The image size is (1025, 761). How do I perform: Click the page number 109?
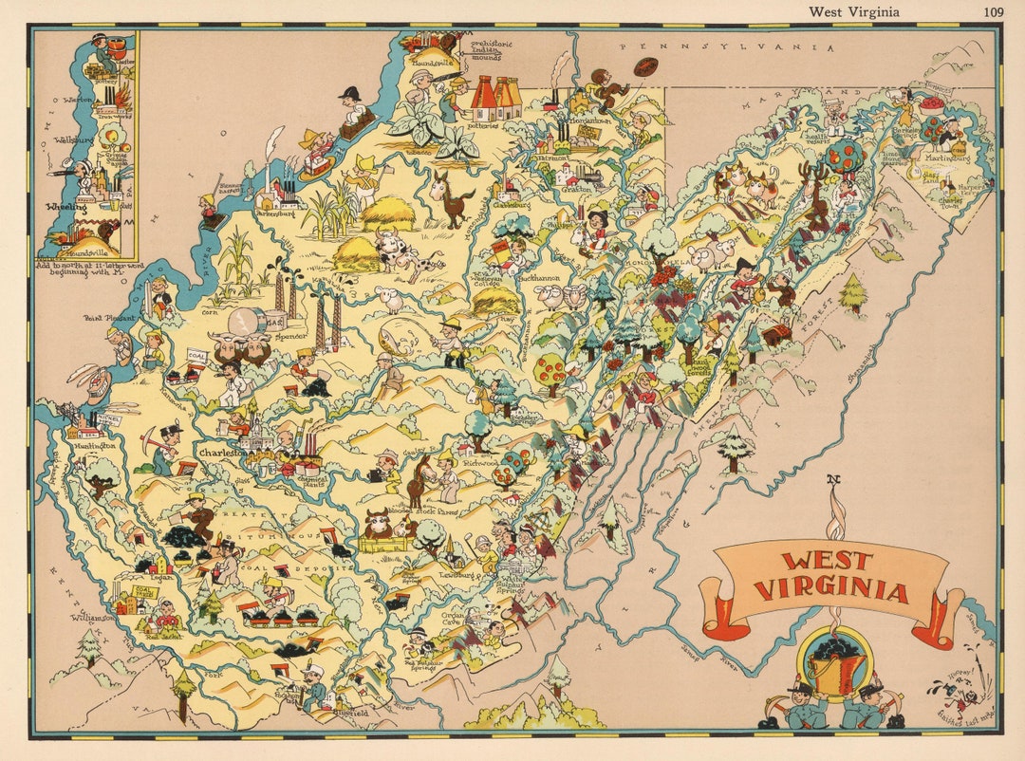click(994, 11)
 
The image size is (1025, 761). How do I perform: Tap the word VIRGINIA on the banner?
click(831, 592)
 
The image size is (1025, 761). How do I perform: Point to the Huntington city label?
click(93, 444)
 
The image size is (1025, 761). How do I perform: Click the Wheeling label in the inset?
click(66, 205)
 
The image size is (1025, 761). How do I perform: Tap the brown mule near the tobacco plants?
click(449, 196)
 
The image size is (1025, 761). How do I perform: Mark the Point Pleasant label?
click(104, 319)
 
